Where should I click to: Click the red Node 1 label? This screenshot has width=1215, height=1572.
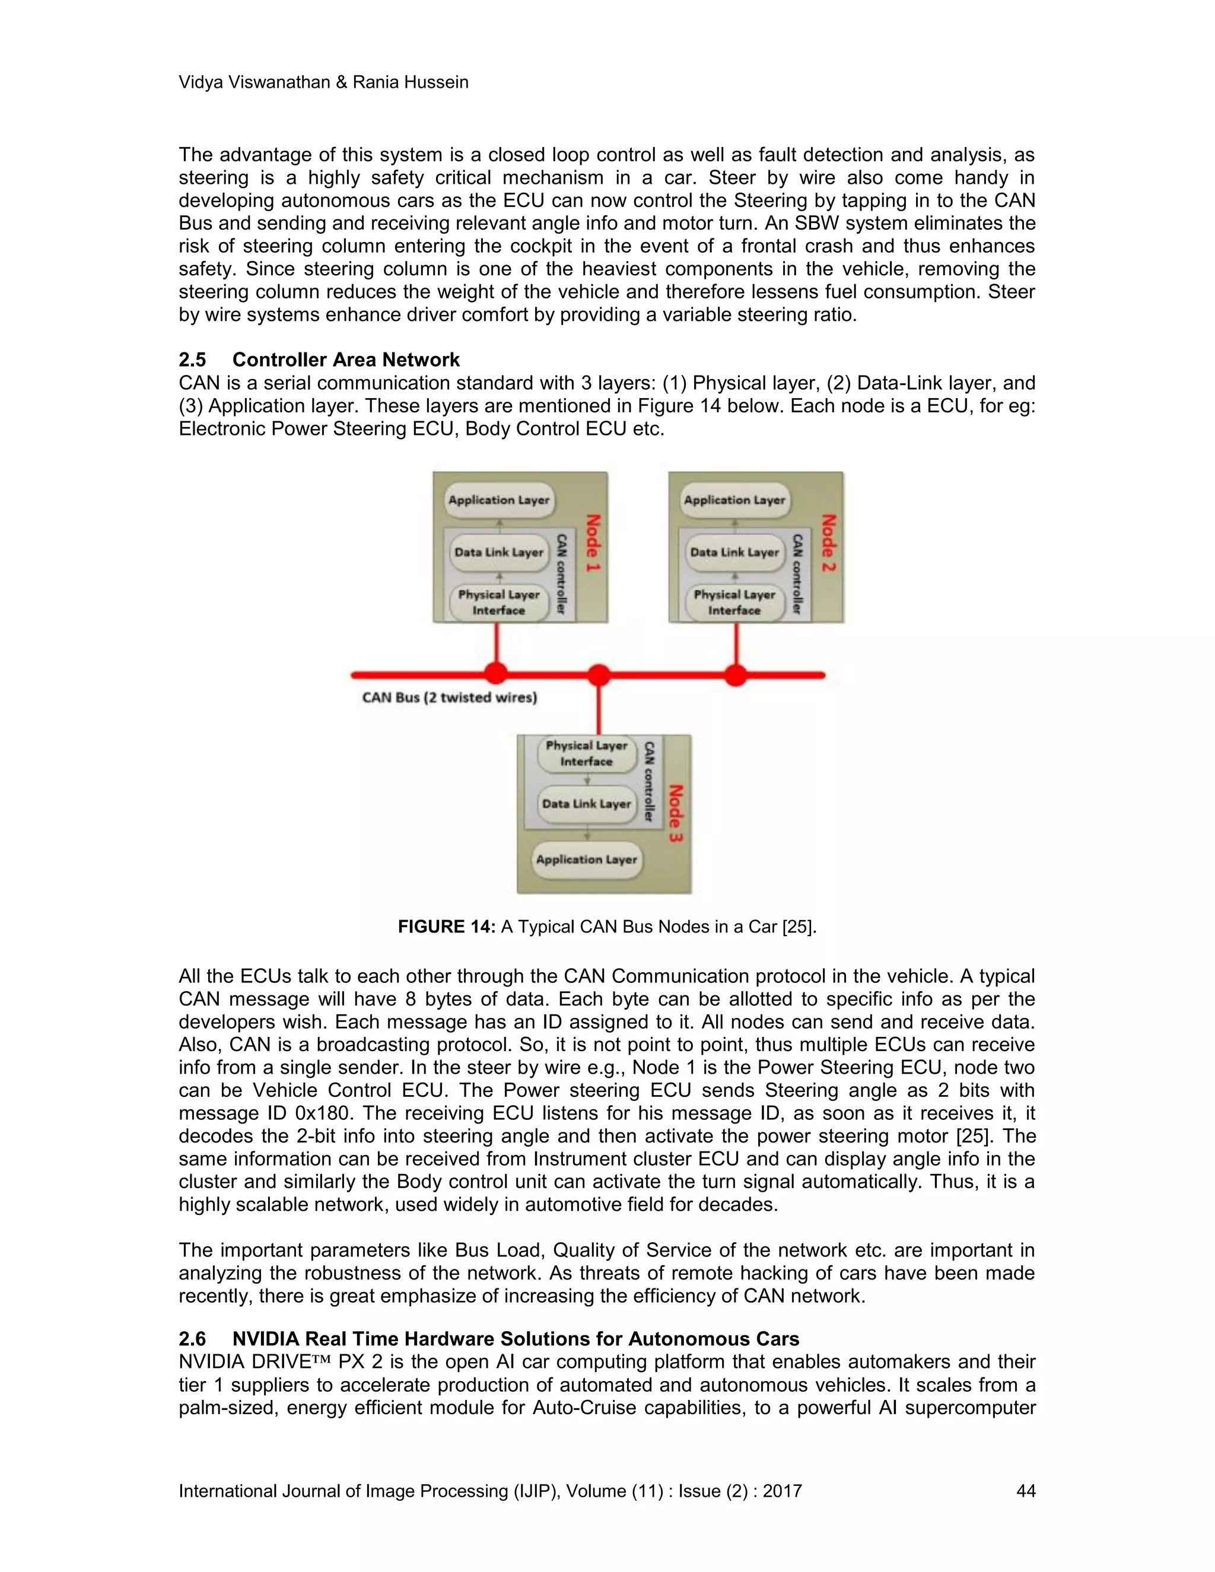[593, 543]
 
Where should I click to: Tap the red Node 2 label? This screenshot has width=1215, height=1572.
[828, 543]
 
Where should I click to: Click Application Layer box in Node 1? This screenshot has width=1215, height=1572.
[499, 500]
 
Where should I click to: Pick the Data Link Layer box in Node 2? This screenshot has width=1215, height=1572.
[734, 553]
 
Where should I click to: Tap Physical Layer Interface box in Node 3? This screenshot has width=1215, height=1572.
[586, 753]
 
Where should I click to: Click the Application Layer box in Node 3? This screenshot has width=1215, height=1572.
[586, 860]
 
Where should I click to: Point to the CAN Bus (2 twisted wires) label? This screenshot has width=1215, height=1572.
[449, 698]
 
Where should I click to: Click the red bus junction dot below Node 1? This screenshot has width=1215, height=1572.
[495, 674]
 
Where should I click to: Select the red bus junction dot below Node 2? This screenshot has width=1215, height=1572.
[735, 675]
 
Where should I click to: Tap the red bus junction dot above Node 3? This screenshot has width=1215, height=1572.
[599, 675]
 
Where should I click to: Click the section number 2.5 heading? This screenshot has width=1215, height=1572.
[192, 360]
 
